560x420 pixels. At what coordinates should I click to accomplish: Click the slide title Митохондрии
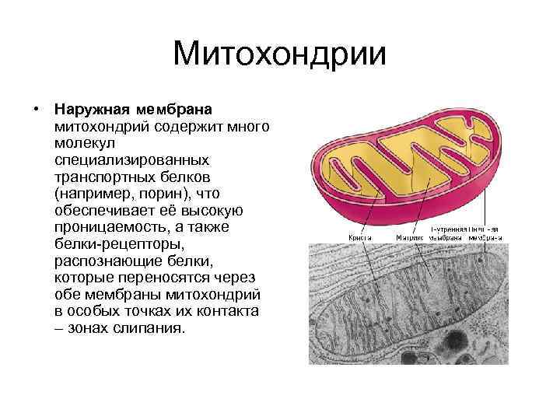coord(280,54)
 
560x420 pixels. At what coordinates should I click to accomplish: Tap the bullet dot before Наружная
coord(37,107)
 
